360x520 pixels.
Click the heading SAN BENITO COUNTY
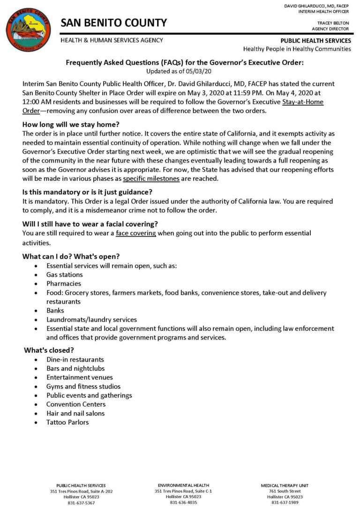(113, 22)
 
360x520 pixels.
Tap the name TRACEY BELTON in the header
(333, 22)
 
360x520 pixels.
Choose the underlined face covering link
(136, 233)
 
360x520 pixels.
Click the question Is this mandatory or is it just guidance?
(90, 192)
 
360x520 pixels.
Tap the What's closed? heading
(49, 350)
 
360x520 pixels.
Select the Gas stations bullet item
(64, 275)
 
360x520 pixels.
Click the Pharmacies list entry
(63, 283)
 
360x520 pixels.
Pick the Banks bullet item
(55, 310)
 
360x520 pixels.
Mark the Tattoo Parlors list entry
(67, 422)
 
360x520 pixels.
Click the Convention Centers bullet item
(76, 404)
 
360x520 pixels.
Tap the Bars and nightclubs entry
(75, 369)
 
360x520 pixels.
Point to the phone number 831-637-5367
(81, 503)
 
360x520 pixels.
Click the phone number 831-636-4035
(183, 502)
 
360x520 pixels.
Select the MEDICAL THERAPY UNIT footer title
(285, 485)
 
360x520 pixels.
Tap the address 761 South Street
(285, 491)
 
